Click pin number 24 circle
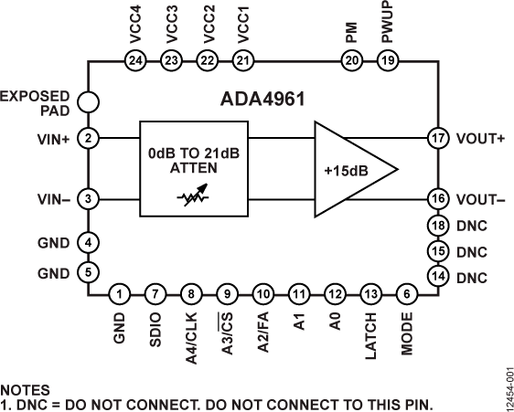click(135, 60)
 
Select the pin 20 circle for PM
click(352, 60)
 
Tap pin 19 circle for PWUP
click(388, 60)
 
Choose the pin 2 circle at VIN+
click(89, 139)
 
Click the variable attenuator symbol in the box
click(194, 196)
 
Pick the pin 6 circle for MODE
click(406, 294)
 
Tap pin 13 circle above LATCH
click(370, 294)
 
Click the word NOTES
click(25, 389)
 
